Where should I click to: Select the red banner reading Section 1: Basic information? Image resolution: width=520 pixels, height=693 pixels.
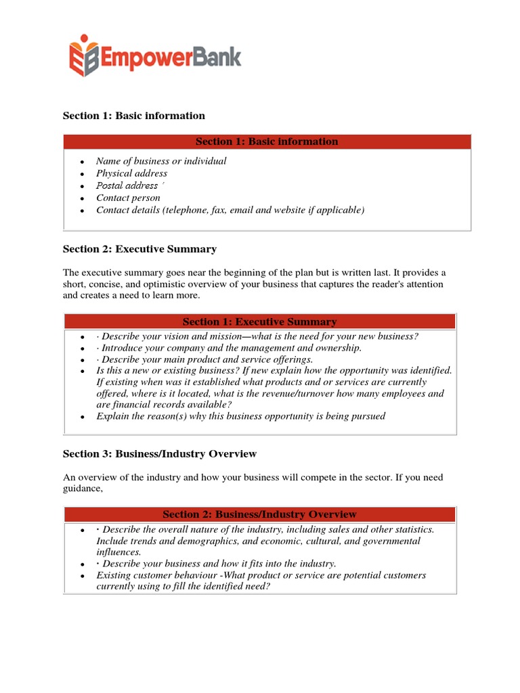pyautogui.click(x=267, y=141)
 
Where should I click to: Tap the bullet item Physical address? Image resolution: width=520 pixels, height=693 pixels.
pyautogui.click(x=131, y=173)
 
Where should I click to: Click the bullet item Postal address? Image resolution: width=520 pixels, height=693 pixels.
pyautogui.click(x=127, y=185)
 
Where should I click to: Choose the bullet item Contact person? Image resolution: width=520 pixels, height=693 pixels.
pyautogui.click(x=128, y=198)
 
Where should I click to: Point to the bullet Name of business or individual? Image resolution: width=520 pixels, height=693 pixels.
pyautogui.click(x=161, y=161)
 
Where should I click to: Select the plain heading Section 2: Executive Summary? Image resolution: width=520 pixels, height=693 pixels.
pyautogui.click(x=139, y=249)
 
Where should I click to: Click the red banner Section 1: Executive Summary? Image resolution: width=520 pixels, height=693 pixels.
pyautogui.click(x=260, y=321)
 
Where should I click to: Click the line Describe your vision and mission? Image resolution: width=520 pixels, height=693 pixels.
pyautogui.click(x=257, y=336)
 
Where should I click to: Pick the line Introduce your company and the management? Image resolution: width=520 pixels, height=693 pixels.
pyautogui.click(x=229, y=348)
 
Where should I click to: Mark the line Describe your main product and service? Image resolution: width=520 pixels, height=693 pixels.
pyautogui.click(x=204, y=359)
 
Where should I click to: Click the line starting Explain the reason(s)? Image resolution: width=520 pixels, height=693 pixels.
pyautogui.click(x=240, y=416)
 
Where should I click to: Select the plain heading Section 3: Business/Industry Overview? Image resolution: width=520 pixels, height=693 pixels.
pyautogui.click(x=160, y=453)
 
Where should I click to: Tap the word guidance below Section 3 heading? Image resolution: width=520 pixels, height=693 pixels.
pyautogui.click(x=83, y=489)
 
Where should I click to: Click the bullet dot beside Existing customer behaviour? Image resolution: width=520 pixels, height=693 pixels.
pyautogui.click(x=82, y=576)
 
